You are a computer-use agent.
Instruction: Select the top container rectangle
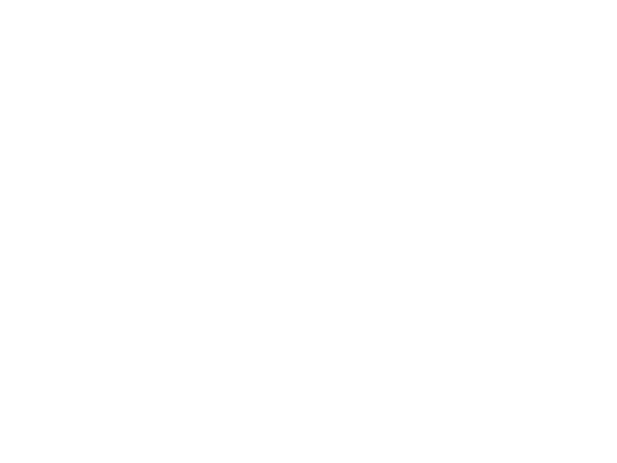(x=334, y=144)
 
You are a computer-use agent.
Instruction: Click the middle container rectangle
(x=339, y=227)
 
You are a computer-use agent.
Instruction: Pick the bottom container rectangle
(x=340, y=318)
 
